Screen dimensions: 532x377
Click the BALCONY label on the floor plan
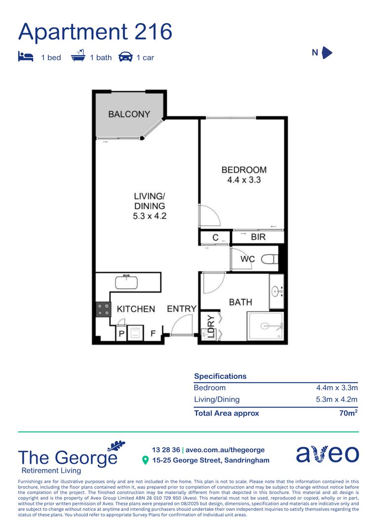(129, 114)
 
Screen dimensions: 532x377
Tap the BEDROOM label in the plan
(244, 170)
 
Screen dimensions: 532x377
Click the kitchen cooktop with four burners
(104, 309)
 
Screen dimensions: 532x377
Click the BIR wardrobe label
(258, 237)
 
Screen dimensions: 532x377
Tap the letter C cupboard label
(215, 237)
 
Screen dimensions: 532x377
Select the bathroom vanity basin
(276, 291)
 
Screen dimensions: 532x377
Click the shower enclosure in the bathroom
(265, 326)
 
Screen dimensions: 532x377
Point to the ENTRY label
(182, 309)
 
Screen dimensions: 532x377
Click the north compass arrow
(327, 53)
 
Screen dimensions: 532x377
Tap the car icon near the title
(126, 57)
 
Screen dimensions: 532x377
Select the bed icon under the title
(25, 57)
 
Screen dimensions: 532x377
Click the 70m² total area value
(348, 413)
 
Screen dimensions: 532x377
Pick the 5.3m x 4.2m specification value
(337, 399)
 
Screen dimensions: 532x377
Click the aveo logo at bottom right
(327, 454)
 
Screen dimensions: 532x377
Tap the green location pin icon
(145, 461)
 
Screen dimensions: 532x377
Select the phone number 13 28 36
(166, 450)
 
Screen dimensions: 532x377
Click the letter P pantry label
(121, 334)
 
